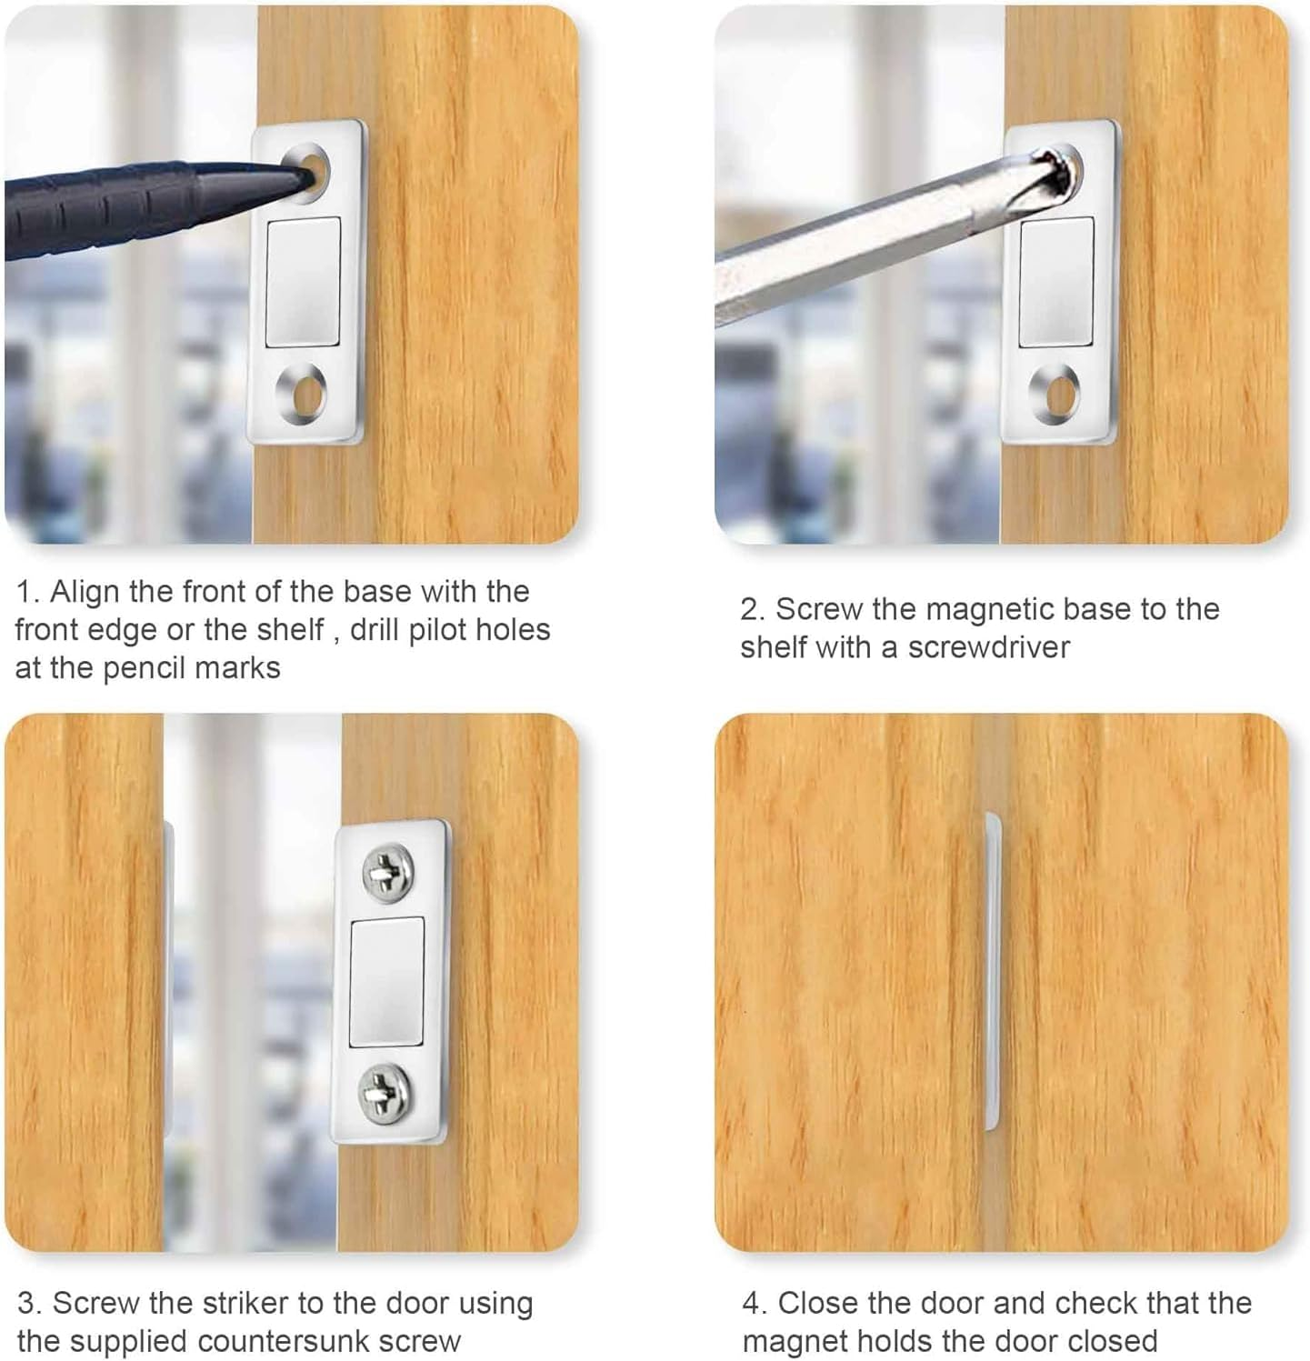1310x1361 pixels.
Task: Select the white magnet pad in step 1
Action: pyautogui.click(x=303, y=282)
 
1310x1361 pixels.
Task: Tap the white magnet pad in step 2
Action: pyautogui.click(x=1055, y=282)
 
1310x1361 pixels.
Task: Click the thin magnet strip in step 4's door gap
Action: pyautogui.click(x=993, y=971)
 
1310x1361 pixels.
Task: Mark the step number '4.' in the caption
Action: pyautogui.click(x=755, y=1303)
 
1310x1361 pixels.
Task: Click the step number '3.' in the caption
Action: pyautogui.click(x=29, y=1303)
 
